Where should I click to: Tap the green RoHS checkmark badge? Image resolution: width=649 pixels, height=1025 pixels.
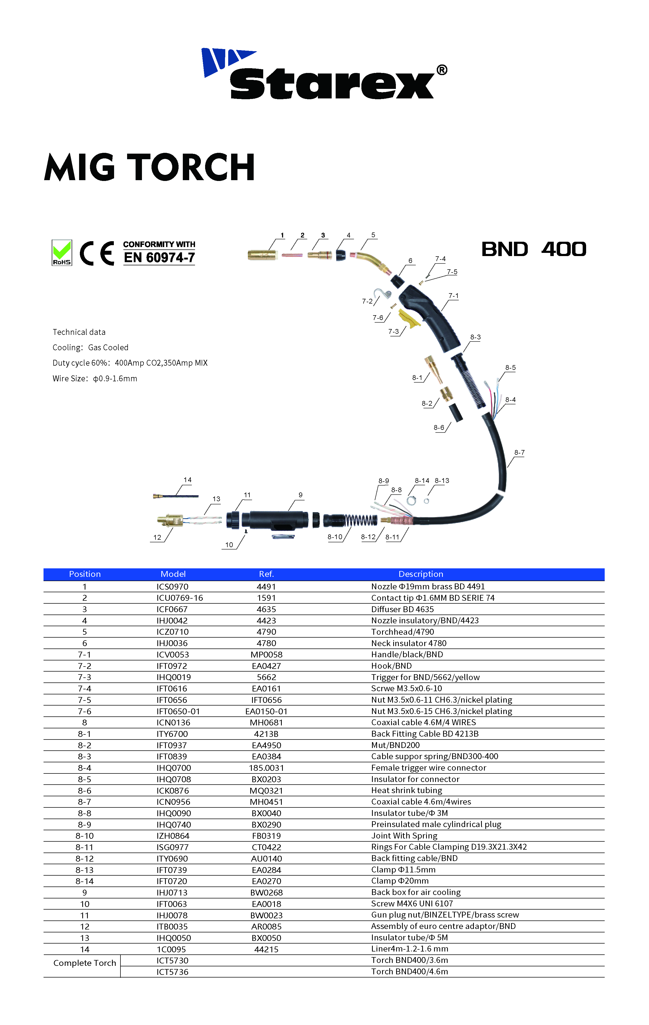pos(62,252)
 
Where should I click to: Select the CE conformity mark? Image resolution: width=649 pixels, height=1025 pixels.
pos(97,253)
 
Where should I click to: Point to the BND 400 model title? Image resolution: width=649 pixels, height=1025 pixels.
pos(534,249)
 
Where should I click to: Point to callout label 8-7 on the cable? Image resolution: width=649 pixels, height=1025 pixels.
pos(519,452)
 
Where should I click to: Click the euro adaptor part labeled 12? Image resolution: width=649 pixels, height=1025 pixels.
pos(170,520)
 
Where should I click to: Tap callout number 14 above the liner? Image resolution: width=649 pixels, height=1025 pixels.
pos(188,480)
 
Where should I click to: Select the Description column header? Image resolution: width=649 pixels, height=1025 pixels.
pos(421,574)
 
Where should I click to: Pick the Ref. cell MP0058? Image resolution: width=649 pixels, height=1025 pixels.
pos(266,654)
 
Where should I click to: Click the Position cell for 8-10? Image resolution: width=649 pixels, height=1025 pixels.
pos(84,836)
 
